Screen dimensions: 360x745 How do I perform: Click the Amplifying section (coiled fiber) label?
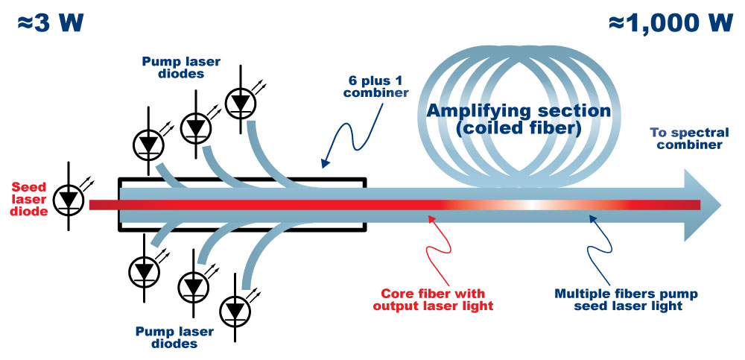[x=519, y=121]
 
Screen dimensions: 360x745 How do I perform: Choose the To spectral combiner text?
[x=686, y=139]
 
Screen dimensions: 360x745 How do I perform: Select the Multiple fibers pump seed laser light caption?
[x=611, y=299]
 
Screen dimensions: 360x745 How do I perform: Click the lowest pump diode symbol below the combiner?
[x=236, y=309]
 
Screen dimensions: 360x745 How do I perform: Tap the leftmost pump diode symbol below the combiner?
[x=143, y=269]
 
